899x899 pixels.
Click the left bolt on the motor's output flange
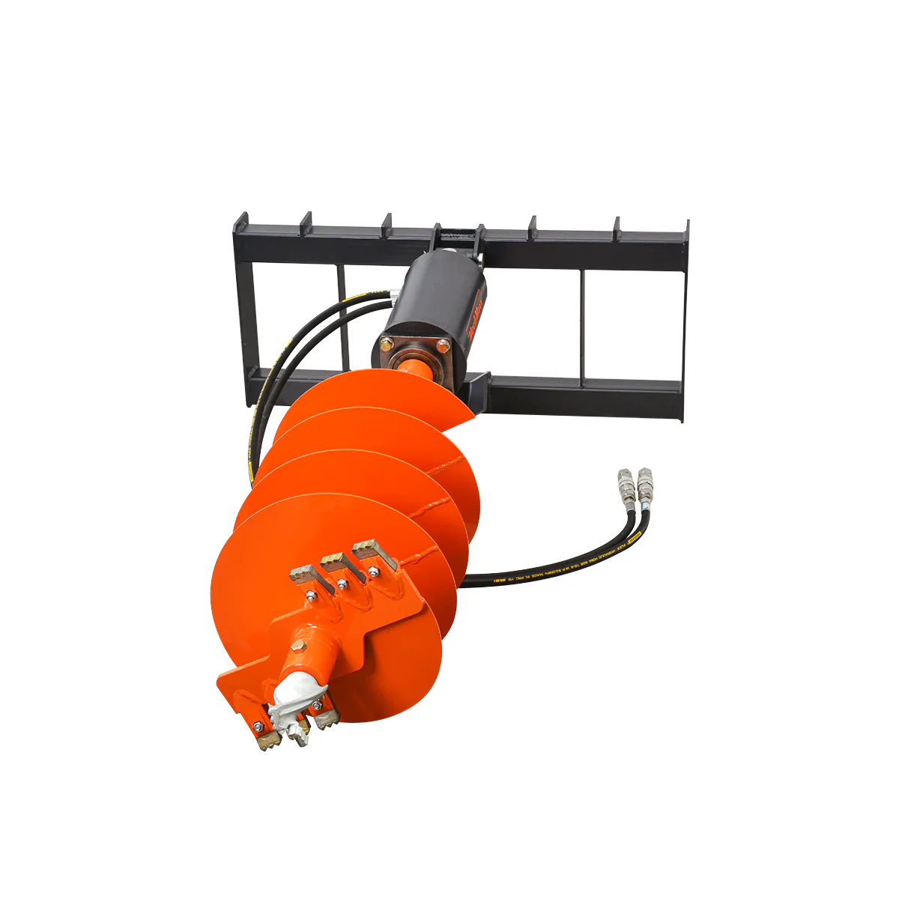click(x=387, y=345)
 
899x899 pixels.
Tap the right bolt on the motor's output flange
click(x=442, y=346)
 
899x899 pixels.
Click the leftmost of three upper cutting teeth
click(x=304, y=573)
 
